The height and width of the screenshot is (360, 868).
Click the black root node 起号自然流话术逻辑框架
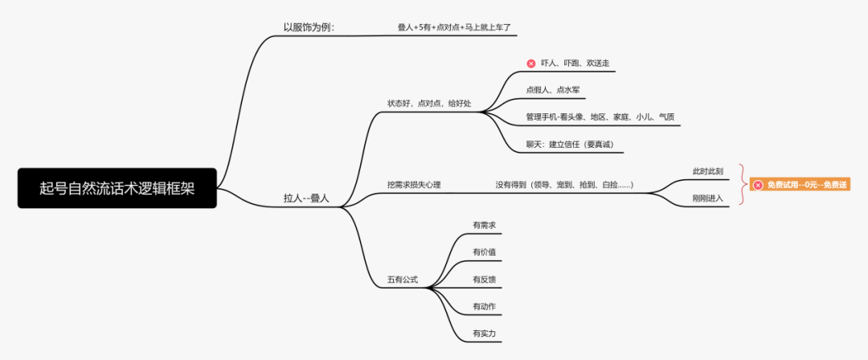(x=117, y=188)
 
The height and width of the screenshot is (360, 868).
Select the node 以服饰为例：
(x=309, y=27)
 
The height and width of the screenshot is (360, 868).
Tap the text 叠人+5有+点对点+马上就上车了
(x=454, y=27)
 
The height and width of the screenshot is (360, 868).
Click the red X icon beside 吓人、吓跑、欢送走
(x=530, y=63)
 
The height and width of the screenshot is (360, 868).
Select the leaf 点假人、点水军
(x=552, y=90)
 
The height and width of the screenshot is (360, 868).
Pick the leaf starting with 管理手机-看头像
(x=600, y=117)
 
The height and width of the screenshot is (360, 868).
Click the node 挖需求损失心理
(x=414, y=185)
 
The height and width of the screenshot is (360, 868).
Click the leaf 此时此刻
(x=708, y=171)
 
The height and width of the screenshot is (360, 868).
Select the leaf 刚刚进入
(x=708, y=198)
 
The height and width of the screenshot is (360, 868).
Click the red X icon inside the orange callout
(x=758, y=185)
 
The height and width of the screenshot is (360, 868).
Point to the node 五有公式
(x=402, y=280)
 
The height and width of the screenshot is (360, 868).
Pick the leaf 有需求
(x=485, y=225)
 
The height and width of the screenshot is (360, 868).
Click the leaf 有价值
(x=485, y=252)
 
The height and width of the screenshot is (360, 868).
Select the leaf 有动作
(x=485, y=306)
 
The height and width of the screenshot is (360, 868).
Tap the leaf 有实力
(x=485, y=333)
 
